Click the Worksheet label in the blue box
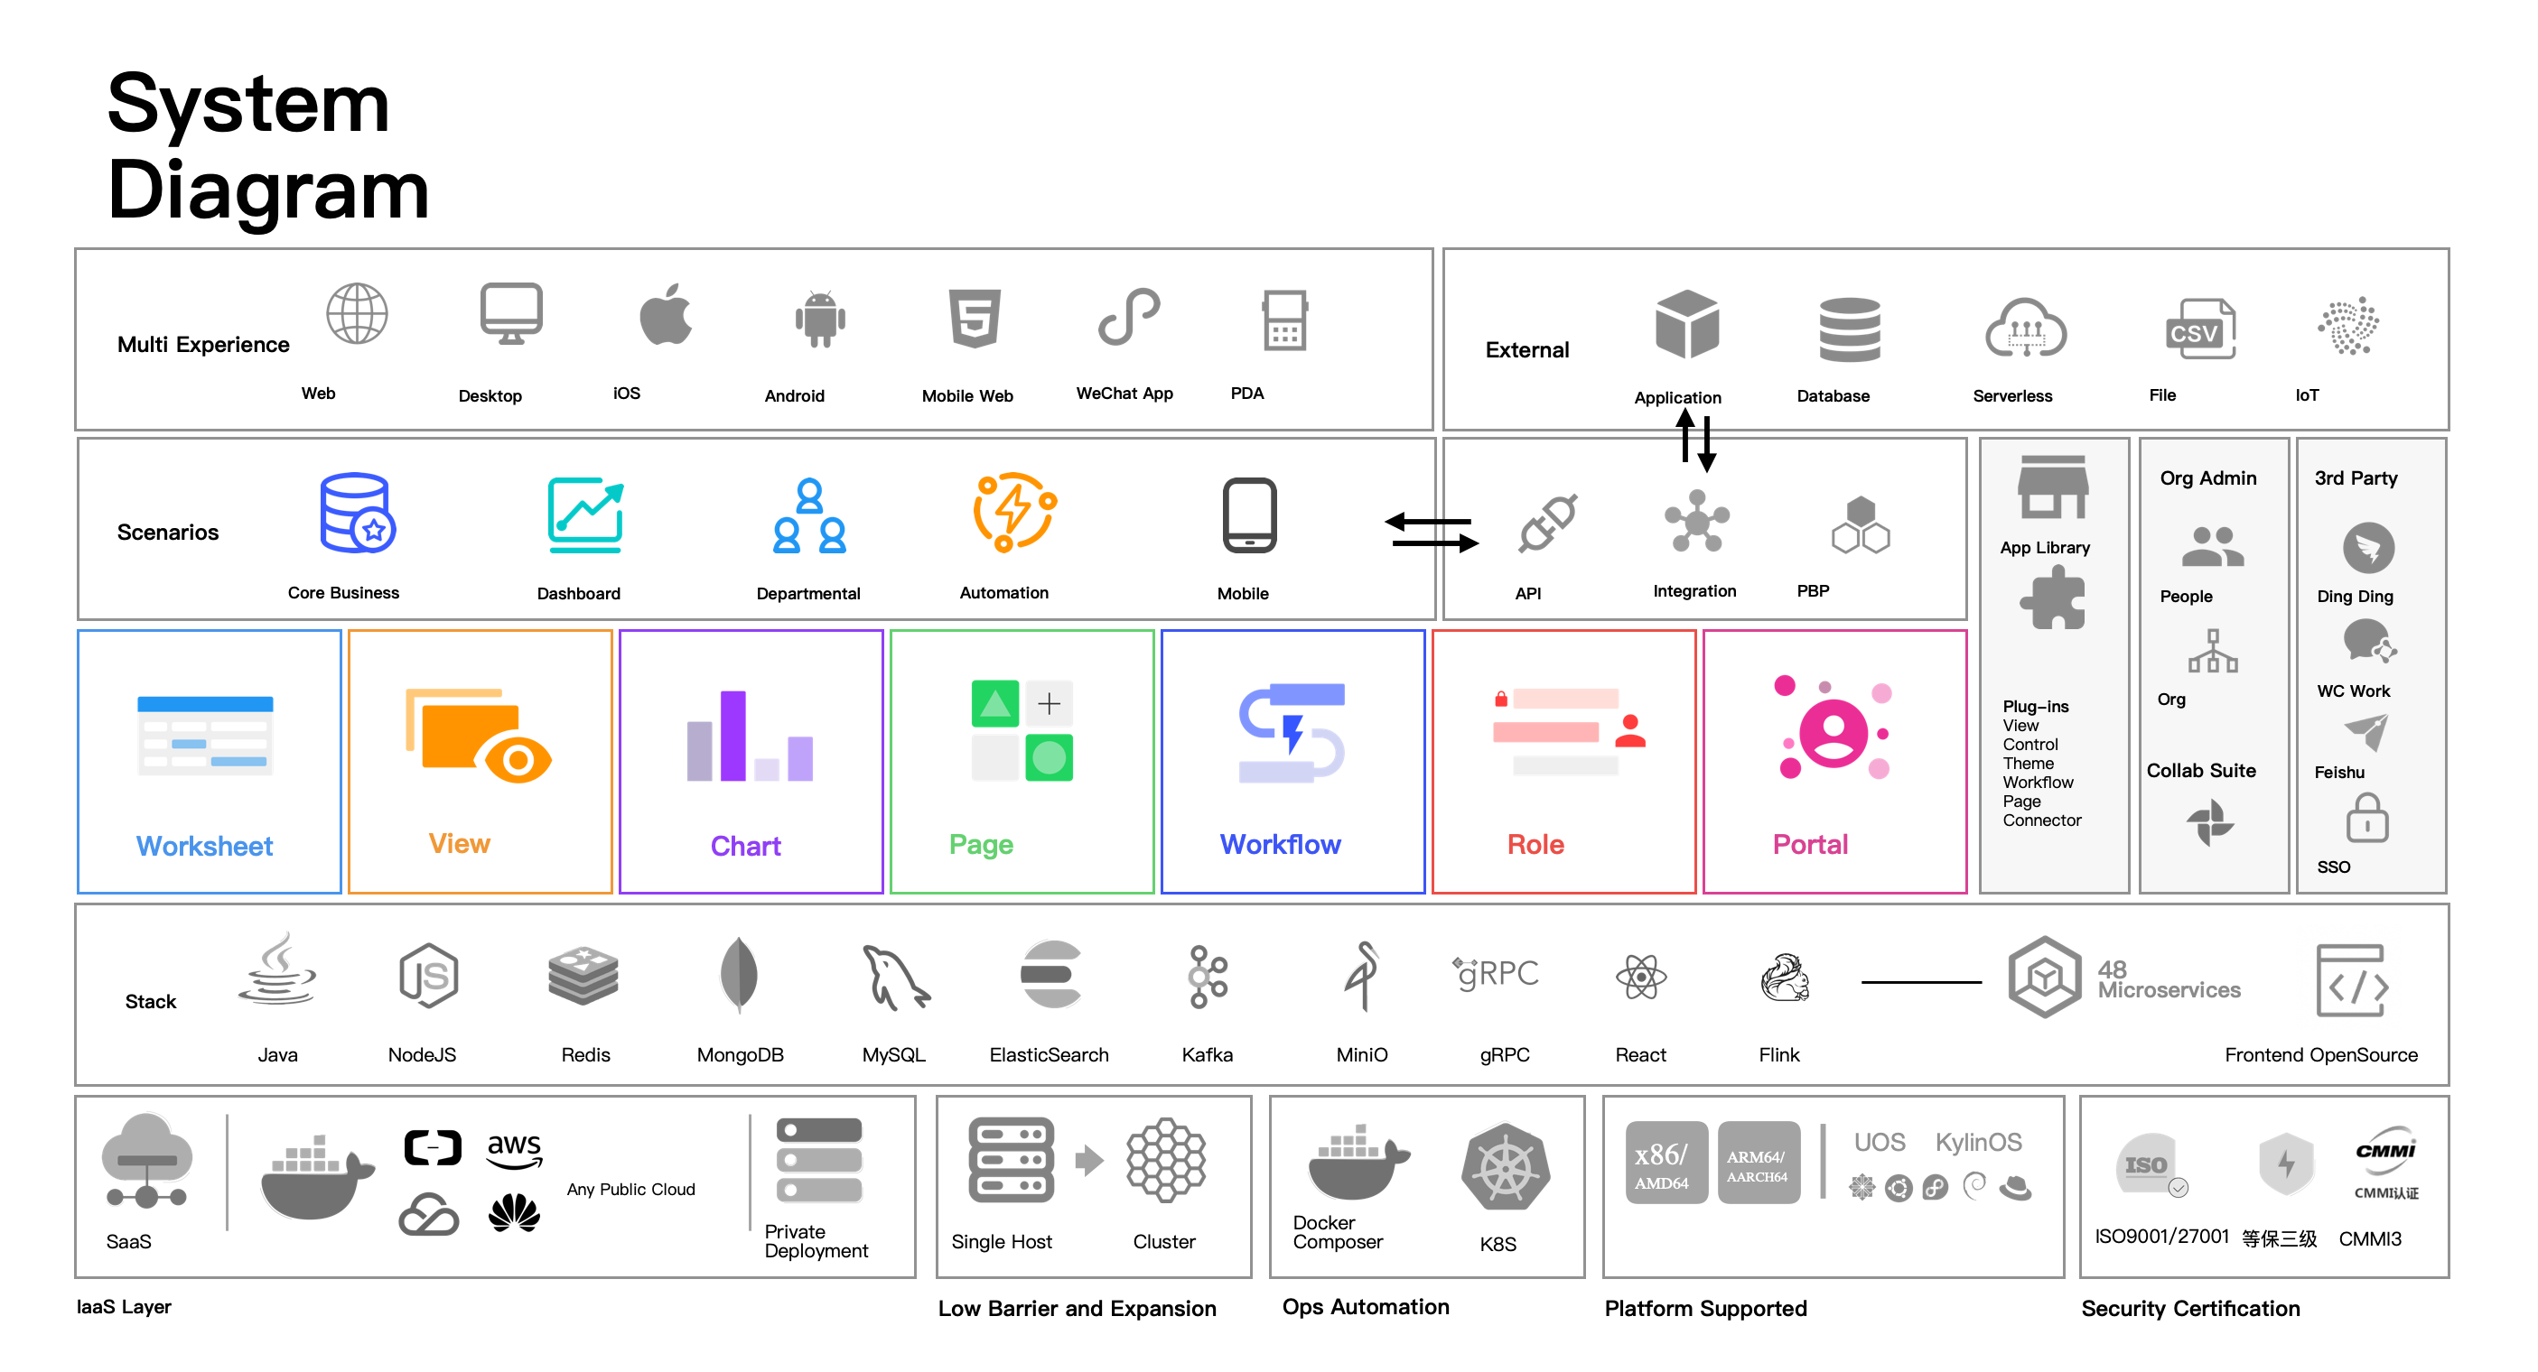(204, 846)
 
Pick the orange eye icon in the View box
(518, 759)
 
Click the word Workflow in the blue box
(1280, 844)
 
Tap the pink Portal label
(1810, 844)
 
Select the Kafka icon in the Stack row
(1208, 977)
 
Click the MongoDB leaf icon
(739, 974)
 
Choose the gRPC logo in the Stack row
(1496, 974)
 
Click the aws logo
(514, 1148)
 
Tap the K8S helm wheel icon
(1506, 1169)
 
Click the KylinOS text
(1977, 1143)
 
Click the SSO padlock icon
(2366, 820)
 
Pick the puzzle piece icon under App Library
(2052, 600)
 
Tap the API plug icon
(1548, 523)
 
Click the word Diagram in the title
(268, 190)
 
